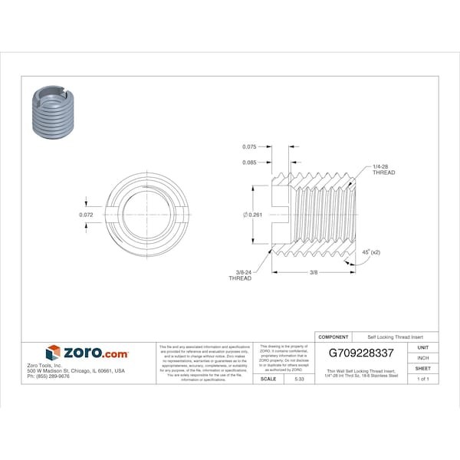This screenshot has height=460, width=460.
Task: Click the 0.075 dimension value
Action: point(249,146)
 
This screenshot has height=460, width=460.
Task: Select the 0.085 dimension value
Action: point(249,162)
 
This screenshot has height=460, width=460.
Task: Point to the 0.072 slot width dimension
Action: point(87,215)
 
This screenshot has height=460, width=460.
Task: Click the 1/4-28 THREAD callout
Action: point(383,169)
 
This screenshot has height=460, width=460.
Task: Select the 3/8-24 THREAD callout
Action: point(240,274)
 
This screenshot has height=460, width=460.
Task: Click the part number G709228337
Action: point(360,353)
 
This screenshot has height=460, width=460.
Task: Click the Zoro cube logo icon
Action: point(53,353)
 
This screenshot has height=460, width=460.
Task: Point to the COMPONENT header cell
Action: point(333,337)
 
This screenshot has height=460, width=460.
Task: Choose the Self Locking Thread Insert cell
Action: point(396,337)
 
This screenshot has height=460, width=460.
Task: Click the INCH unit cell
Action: point(422,358)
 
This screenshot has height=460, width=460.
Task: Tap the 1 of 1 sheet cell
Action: point(422,379)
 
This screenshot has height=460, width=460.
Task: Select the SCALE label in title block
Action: point(268,379)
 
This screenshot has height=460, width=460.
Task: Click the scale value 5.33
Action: point(298,379)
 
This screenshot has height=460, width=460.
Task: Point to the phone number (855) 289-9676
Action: point(49,376)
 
